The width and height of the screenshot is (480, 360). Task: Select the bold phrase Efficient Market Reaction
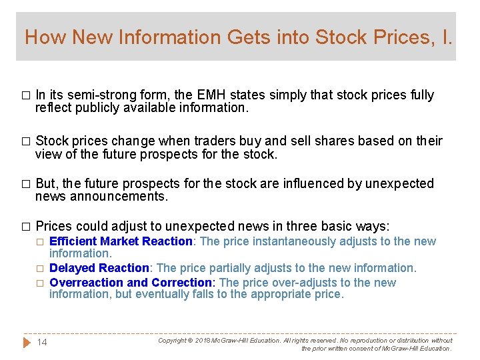121,241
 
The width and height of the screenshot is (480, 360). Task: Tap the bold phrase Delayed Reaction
99,268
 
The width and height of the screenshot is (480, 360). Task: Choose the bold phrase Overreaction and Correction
131,283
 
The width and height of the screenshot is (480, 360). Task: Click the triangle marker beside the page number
27,343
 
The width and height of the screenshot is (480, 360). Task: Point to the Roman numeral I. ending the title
445,37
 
